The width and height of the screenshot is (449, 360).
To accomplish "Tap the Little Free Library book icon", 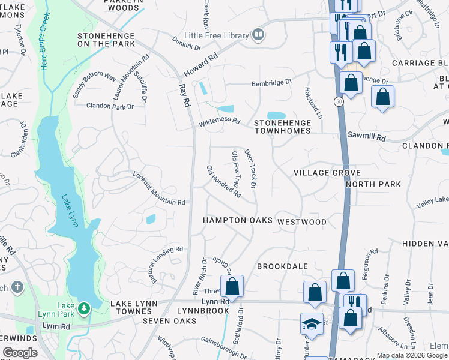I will [258, 34].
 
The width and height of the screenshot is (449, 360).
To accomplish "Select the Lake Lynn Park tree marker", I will [83, 308].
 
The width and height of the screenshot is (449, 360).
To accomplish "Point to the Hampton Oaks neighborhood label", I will [237, 220].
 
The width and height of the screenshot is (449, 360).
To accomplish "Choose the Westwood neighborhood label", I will [302, 222].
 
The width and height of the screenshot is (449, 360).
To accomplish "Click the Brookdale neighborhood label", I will [282, 266].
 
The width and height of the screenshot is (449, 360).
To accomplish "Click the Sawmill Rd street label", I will [366, 137].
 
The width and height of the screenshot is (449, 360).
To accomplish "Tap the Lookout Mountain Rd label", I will [158, 190].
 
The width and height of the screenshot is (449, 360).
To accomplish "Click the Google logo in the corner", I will [20, 353].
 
